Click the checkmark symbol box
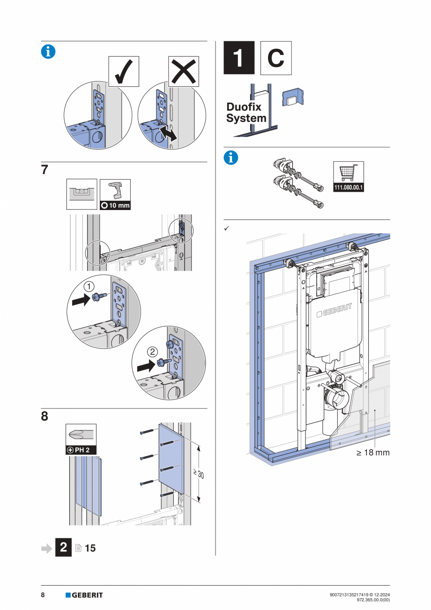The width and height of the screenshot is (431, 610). coord(124,71)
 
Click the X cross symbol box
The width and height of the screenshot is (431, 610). coord(183,71)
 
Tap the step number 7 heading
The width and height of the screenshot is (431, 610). coord(45,170)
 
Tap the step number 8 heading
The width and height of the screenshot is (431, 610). coord(45,416)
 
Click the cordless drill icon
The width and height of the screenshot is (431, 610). coord(115,191)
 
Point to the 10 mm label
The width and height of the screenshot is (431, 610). coord(115,205)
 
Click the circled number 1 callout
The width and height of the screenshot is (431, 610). coord(89,286)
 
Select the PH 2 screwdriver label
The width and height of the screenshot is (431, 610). coord(82,450)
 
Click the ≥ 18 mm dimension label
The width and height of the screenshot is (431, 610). coord(373,453)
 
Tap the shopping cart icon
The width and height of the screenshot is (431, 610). coord(348,173)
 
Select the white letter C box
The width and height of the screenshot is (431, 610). coord(276,58)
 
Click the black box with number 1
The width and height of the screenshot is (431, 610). coord(239,58)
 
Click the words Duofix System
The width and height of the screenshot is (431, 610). coord(246,113)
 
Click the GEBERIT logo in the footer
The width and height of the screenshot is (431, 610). coord(84,595)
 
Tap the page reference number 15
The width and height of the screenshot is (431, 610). coord(90,548)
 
